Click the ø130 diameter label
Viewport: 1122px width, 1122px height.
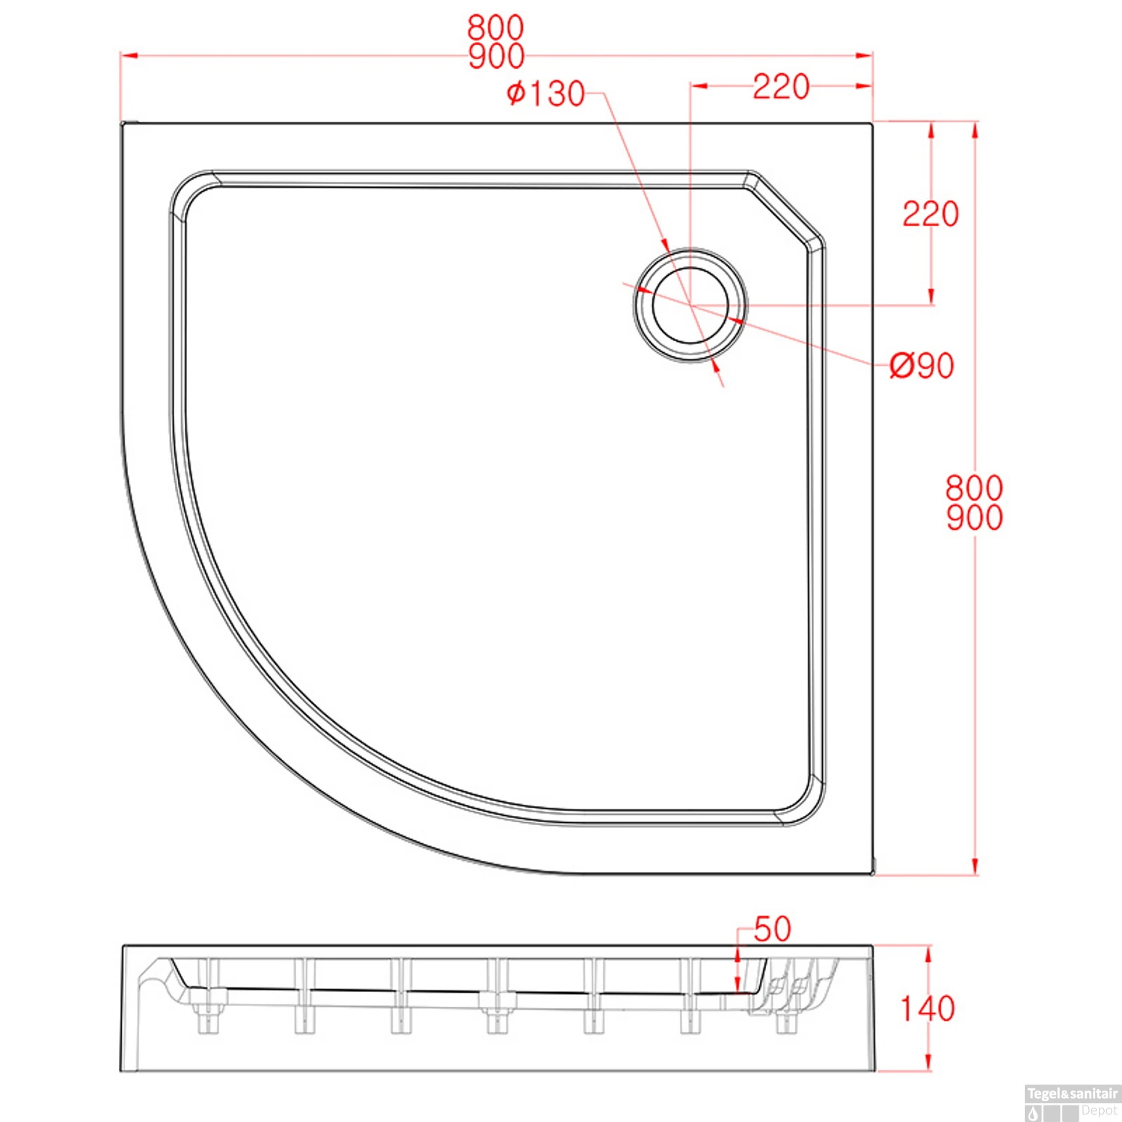[545, 93]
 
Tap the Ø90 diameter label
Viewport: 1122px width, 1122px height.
[922, 366]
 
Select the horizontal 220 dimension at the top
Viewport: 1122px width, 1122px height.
[781, 87]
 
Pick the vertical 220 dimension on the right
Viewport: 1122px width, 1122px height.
[931, 214]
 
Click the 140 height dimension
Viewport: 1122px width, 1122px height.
[928, 1008]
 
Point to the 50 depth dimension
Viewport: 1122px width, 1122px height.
[772, 929]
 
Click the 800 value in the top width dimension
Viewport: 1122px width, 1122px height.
[496, 28]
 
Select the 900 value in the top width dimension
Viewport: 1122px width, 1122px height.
[496, 56]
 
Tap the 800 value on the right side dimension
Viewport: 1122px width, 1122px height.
[974, 488]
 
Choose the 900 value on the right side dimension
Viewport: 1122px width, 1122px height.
[974, 518]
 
